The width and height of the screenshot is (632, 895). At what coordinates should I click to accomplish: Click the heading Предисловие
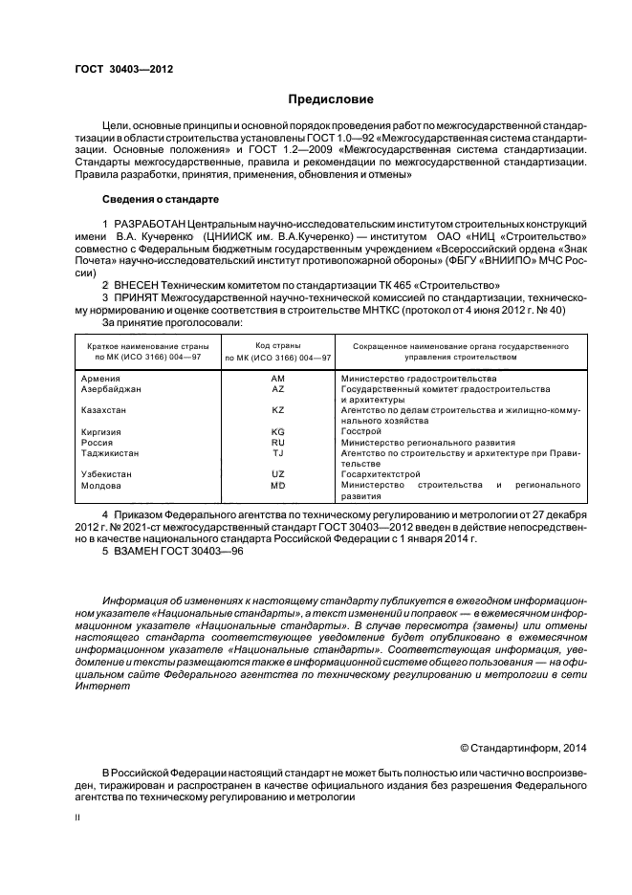pyautogui.click(x=332, y=99)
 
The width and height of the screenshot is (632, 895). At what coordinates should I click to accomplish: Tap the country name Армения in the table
pyautogui.click(x=101, y=380)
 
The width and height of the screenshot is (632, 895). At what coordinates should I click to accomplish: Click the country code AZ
pyautogui.click(x=278, y=390)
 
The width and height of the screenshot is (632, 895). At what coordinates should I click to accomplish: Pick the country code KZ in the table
pyautogui.click(x=278, y=410)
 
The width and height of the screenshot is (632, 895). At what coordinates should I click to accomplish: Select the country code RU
pyautogui.click(x=278, y=443)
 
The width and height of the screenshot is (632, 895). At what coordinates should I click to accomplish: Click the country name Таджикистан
pyautogui.click(x=111, y=453)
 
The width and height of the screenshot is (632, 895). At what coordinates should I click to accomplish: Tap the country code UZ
pyautogui.click(x=278, y=474)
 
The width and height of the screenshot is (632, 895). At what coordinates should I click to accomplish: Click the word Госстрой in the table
pyautogui.click(x=360, y=432)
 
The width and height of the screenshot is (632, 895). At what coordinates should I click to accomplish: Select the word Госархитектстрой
pyautogui.click(x=381, y=474)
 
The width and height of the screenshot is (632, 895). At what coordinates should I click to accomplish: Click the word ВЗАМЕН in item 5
pyautogui.click(x=137, y=553)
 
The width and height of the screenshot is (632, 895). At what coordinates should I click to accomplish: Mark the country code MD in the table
pyautogui.click(x=278, y=486)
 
